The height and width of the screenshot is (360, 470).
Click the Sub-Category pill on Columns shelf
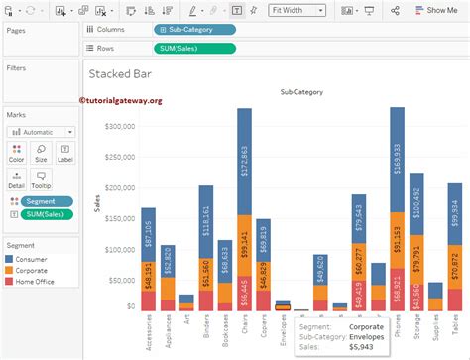pos(195,31)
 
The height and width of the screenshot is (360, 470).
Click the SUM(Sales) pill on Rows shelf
pos(195,48)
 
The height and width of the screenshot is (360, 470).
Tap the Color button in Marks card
pos(17,152)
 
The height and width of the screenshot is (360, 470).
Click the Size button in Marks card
pos(41,152)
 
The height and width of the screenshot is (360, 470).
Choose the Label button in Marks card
pos(64,152)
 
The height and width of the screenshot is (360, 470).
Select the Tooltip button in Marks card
pos(41,180)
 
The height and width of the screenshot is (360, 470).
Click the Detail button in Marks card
pos(17,180)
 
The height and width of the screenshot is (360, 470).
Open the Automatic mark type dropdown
pos(41,131)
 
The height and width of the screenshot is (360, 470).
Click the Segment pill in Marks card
pos(47,200)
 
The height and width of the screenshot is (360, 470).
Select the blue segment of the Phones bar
pos(397,159)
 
